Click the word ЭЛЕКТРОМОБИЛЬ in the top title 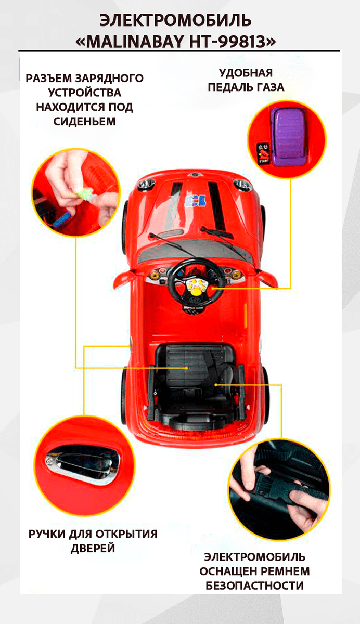(175, 21)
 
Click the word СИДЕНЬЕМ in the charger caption (84, 122)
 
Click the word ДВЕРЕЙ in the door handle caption (93, 549)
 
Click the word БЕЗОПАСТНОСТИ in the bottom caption (255, 586)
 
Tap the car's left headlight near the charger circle (146, 184)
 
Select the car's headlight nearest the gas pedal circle (241, 184)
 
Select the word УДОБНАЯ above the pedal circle (246, 73)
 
